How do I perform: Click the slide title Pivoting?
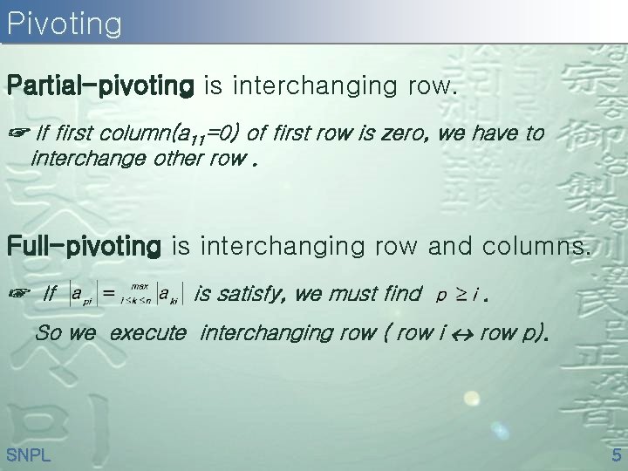pyautogui.click(x=64, y=24)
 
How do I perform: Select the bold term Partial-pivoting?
pyautogui.click(x=99, y=86)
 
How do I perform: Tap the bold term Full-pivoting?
pyautogui.click(x=84, y=247)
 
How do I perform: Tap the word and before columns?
pyautogui.click(x=449, y=247)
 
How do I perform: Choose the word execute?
pyautogui.click(x=148, y=332)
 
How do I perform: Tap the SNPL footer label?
pyautogui.click(x=28, y=454)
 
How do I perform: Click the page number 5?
pyautogui.click(x=616, y=454)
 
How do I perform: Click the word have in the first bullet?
pyautogui.click(x=476, y=133)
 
